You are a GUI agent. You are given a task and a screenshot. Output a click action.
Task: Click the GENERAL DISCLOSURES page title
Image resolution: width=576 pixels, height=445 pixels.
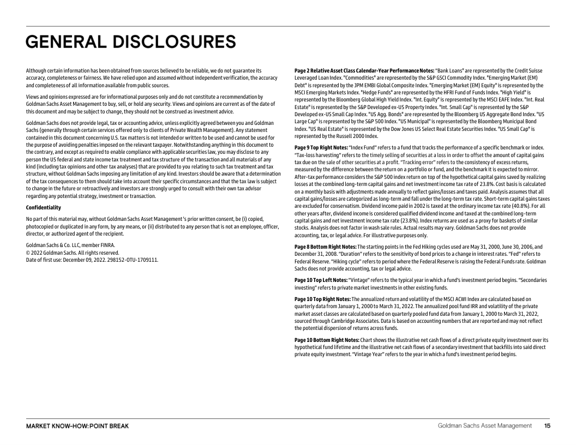(x=131, y=41)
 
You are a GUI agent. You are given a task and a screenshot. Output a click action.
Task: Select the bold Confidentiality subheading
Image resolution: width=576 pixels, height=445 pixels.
(x=44, y=207)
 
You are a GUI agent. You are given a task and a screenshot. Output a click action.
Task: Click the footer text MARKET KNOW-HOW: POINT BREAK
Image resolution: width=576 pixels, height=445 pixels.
(x=77, y=426)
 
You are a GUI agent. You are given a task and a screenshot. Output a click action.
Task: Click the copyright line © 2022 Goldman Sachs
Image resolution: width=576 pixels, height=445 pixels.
(x=73, y=252)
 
